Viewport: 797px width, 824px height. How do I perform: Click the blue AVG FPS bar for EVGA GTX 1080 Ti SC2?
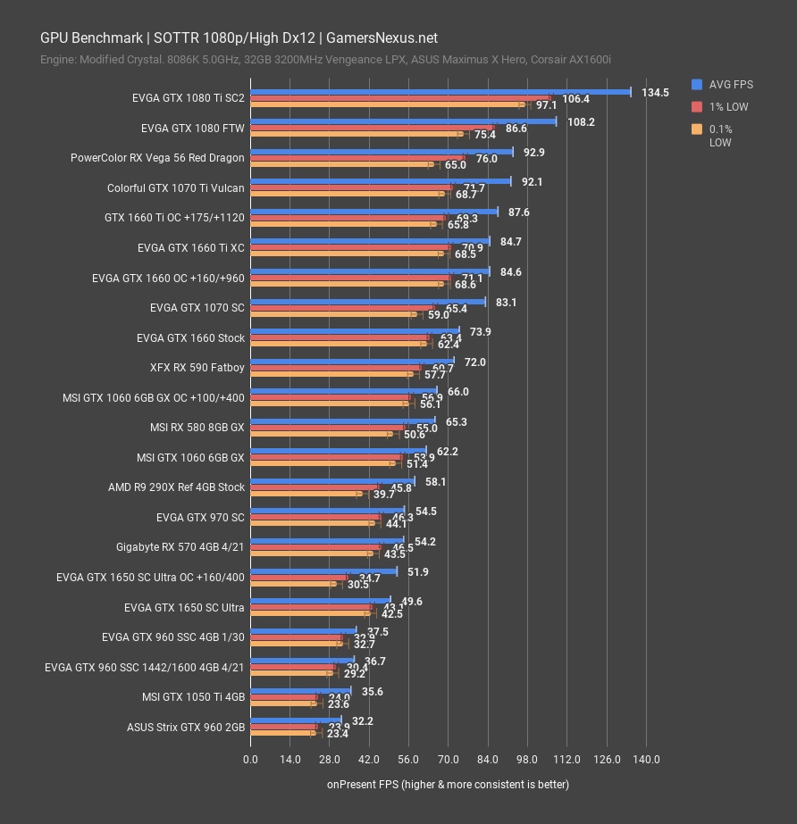[440, 91]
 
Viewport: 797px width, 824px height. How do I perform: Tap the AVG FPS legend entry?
[731, 85]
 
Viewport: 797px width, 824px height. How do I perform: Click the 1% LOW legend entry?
[728, 107]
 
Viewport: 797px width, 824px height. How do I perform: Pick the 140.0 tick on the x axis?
[646, 759]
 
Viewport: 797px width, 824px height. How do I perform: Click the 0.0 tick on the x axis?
[251, 759]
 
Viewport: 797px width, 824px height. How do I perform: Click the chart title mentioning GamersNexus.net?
[239, 37]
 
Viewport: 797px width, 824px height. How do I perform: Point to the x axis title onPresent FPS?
[448, 784]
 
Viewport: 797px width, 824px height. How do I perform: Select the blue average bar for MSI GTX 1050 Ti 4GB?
[301, 690]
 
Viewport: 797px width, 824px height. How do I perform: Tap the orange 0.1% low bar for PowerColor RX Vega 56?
[340, 164]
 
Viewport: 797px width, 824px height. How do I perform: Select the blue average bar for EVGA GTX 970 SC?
[328, 510]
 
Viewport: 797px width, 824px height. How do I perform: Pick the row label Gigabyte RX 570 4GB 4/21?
[180, 546]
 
